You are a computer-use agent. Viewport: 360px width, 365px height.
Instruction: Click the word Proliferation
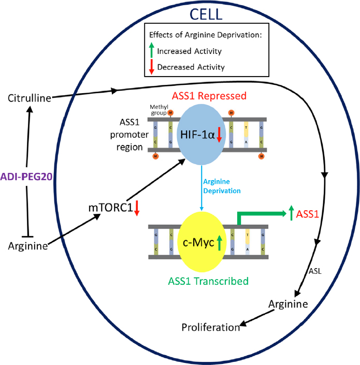point(211,327)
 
